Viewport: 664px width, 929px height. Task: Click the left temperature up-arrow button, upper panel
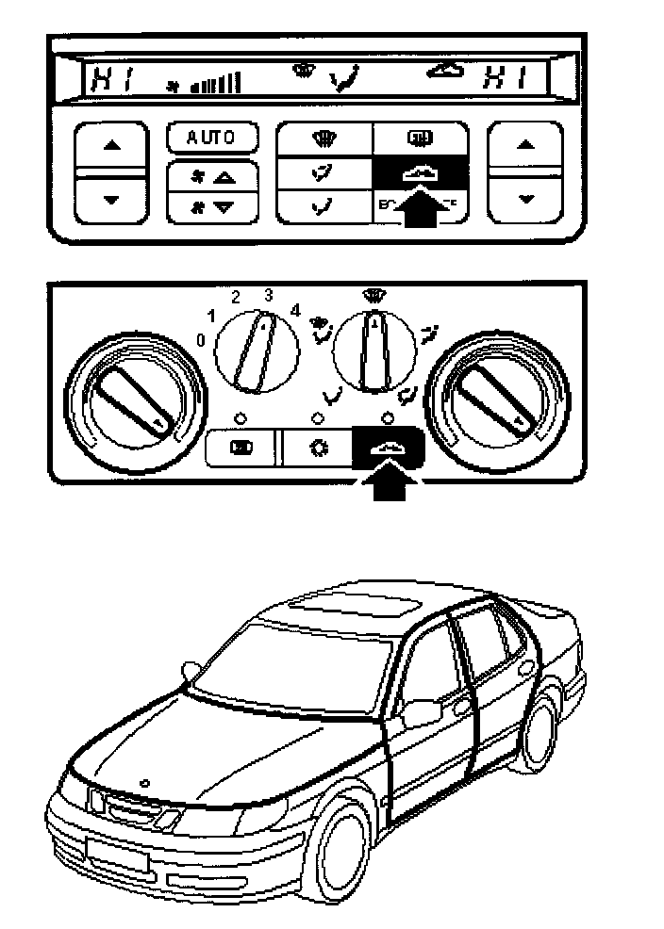(x=112, y=147)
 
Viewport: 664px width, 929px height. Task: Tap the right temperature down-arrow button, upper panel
(x=526, y=198)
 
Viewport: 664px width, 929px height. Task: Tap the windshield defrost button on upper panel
(x=324, y=141)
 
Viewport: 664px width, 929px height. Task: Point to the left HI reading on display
(x=107, y=80)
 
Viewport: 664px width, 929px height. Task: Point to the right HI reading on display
(x=506, y=80)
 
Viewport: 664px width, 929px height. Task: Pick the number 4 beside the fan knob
(x=295, y=309)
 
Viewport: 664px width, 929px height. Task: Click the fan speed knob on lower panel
(x=257, y=350)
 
